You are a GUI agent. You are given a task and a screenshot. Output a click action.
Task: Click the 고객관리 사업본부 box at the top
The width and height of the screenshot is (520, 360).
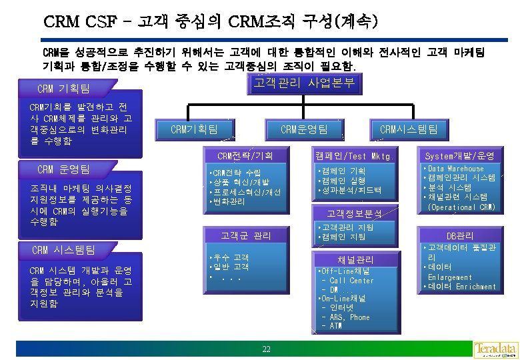pyautogui.click(x=305, y=84)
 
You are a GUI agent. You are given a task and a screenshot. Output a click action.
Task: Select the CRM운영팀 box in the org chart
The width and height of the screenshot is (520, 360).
pyautogui.click(x=303, y=129)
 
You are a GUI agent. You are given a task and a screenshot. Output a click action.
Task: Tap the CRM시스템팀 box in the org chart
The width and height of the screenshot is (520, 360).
pyautogui.click(x=408, y=129)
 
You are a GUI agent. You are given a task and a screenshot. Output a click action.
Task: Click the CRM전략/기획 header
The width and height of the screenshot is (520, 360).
pyautogui.click(x=245, y=157)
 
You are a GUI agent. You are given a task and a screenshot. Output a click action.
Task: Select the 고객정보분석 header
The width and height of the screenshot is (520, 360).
pyautogui.click(x=354, y=213)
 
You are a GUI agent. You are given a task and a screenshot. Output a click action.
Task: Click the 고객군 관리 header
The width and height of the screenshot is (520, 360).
pyautogui.click(x=245, y=235)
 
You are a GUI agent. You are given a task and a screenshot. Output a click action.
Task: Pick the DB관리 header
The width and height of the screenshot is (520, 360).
pyautogui.click(x=460, y=235)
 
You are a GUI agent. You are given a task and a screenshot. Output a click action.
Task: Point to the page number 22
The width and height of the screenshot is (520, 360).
pyautogui.click(x=266, y=349)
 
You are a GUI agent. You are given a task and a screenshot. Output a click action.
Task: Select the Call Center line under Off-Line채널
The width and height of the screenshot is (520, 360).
pyautogui.click(x=351, y=281)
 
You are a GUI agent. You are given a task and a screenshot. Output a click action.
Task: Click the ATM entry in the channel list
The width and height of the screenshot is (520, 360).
pyautogui.click(x=336, y=326)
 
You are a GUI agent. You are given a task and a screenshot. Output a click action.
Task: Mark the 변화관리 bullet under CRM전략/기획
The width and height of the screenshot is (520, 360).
pyautogui.click(x=231, y=201)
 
